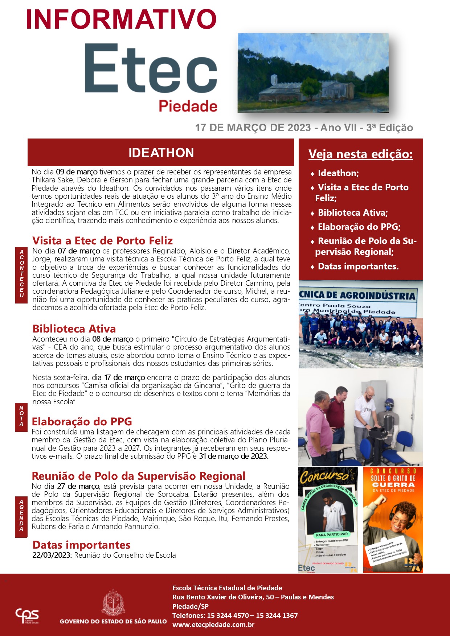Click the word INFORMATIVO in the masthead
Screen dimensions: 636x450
[x=121, y=20]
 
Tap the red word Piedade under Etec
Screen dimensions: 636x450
[x=188, y=106]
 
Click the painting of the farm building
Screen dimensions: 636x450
[x=313, y=73]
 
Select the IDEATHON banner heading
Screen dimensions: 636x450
[x=161, y=153]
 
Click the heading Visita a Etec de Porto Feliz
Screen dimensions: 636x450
[x=102, y=241]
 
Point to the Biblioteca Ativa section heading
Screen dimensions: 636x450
[x=74, y=329]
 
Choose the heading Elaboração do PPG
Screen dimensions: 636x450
[x=82, y=421]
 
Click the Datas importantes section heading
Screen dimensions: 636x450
[x=81, y=545]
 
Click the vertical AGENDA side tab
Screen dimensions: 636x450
[x=21, y=515]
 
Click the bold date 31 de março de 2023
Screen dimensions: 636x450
[x=234, y=456]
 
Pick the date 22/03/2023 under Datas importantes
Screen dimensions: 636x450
[x=52, y=555]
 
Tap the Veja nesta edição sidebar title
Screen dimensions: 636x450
[x=360, y=154]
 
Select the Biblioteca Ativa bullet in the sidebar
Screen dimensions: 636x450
[x=352, y=213]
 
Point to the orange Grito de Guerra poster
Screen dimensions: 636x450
[x=393, y=520]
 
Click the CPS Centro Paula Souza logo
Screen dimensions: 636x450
[x=27, y=616]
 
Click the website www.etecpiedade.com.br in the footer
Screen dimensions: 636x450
[x=213, y=625]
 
